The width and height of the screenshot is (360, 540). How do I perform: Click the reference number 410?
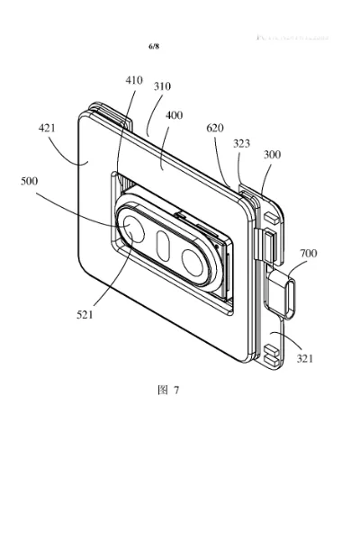(134, 80)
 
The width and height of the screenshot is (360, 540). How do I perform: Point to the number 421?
(48, 129)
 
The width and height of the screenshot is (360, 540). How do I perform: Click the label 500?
(30, 180)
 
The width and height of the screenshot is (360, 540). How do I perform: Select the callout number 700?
(309, 255)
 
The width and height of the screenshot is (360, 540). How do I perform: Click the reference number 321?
(307, 358)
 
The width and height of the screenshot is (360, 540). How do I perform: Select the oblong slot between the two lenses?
(165, 245)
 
